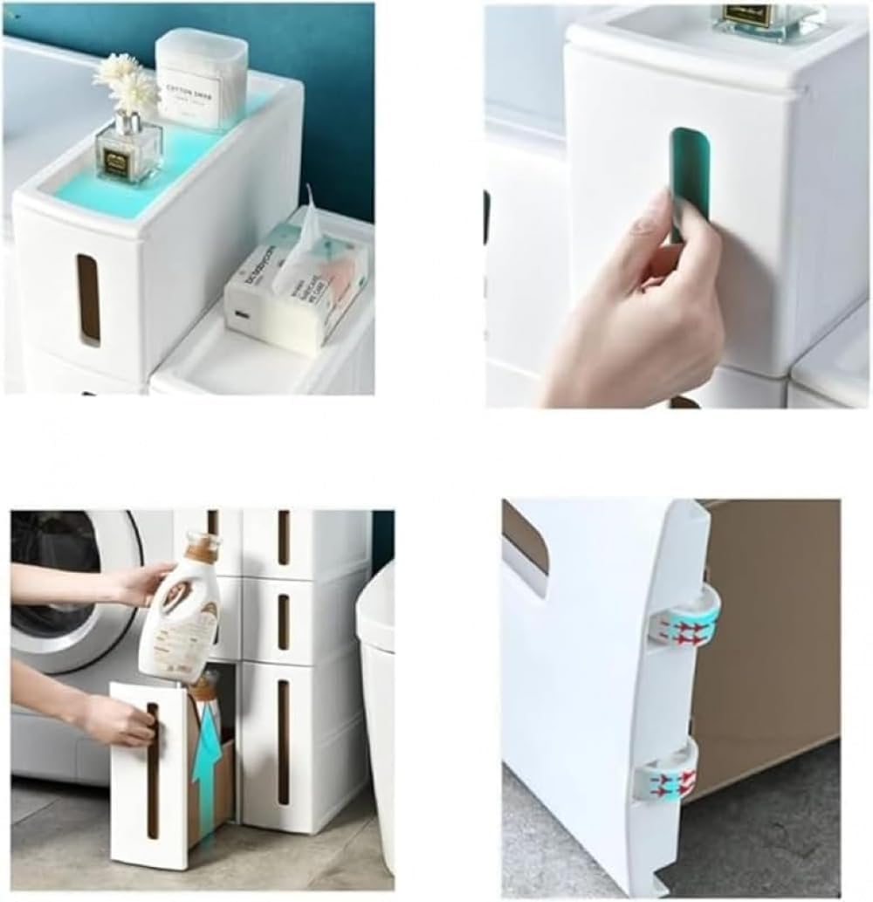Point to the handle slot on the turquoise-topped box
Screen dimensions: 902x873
[88, 300]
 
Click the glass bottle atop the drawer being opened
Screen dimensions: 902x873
[768, 17]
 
